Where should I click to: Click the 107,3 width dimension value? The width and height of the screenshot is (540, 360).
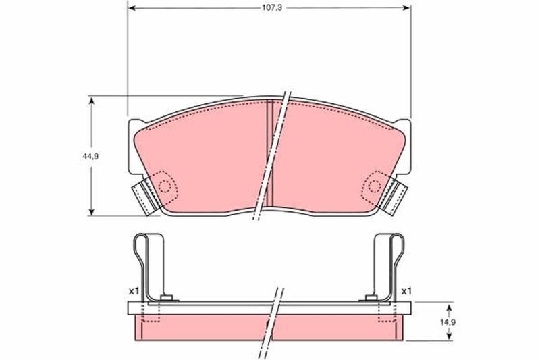click(x=272, y=7)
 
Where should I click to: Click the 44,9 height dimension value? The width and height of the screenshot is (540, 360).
click(x=90, y=156)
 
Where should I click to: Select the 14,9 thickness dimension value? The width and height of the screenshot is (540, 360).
click(x=449, y=322)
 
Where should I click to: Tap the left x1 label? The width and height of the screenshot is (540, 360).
click(x=134, y=291)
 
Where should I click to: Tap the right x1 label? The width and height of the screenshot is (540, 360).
click(x=406, y=291)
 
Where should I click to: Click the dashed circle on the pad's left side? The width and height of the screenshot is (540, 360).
click(x=164, y=186)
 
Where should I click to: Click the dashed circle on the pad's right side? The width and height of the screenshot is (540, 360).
click(x=375, y=186)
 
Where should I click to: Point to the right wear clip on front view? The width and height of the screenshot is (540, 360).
click(x=393, y=197)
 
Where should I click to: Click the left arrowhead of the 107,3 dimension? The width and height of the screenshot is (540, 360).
click(x=131, y=7)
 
